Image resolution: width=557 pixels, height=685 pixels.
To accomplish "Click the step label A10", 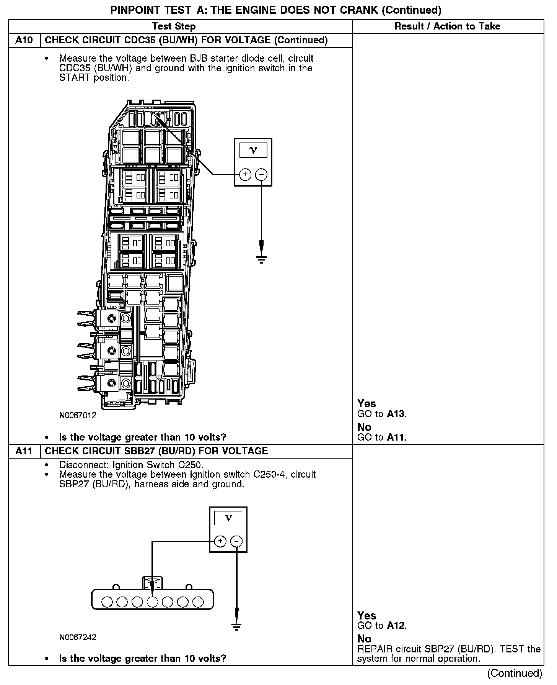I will click(x=24, y=40).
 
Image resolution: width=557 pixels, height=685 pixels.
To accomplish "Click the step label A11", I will click(x=24, y=451).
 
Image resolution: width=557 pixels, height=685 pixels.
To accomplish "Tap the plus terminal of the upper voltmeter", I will click(x=245, y=175).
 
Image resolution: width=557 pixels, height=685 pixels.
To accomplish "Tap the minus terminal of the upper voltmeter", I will click(x=261, y=175).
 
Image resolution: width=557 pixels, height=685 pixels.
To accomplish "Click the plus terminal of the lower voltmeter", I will click(x=220, y=541).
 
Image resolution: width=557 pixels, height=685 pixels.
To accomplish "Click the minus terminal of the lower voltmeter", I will click(x=237, y=541).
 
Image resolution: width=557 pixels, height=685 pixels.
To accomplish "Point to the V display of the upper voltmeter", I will click(x=253, y=150).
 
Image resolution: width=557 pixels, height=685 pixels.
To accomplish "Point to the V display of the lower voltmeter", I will click(x=228, y=518).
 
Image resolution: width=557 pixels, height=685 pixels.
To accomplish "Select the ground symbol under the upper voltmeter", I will click(x=261, y=260).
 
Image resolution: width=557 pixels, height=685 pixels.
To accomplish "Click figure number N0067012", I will click(x=78, y=415).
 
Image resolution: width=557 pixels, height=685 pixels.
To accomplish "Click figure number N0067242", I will click(x=78, y=637).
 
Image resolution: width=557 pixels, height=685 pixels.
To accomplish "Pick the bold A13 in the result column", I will click(x=396, y=414).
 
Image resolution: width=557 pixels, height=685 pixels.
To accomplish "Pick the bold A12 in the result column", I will click(x=396, y=626).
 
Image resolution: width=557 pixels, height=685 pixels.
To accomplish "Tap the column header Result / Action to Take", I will click(x=447, y=26).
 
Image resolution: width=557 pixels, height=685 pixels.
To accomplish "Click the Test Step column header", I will click(x=174, y=26).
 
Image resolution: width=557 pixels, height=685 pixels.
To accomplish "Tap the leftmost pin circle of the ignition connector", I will click(x=107, y=602).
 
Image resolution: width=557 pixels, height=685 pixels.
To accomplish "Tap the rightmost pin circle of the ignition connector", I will click(x=198, y=602).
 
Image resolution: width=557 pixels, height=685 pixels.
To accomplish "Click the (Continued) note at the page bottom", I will click(x=515, y=673).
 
